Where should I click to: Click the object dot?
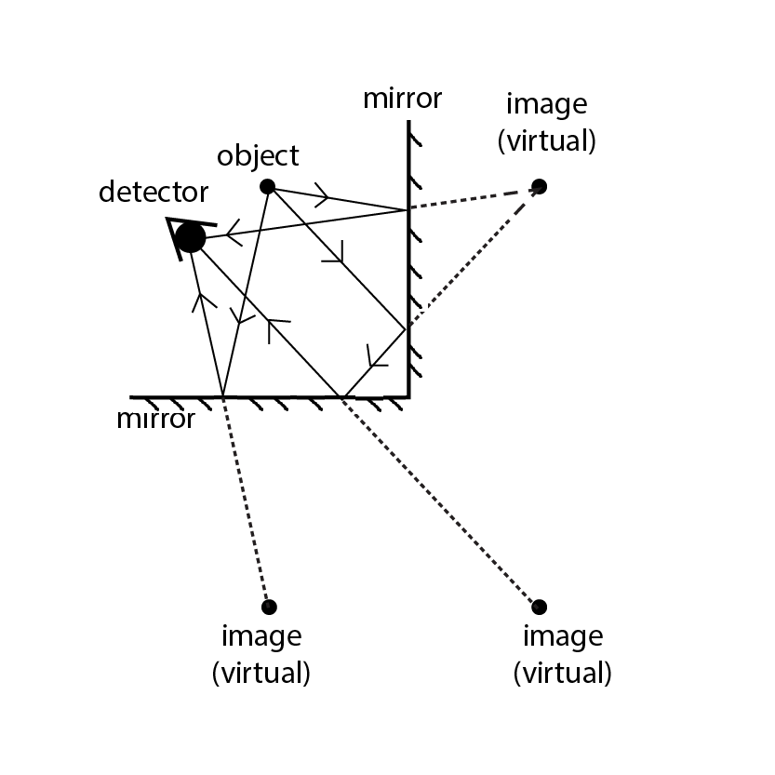tap(267, 186)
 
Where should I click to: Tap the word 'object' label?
tap(258, 155)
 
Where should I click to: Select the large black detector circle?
tap(190, 237)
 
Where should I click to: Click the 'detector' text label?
tap(153, 193)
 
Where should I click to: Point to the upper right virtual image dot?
tap(540, 186)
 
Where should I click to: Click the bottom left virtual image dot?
tap(269, 607)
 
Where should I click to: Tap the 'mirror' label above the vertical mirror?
tap(402, 99)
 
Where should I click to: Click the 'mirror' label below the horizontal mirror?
tap(156, 419)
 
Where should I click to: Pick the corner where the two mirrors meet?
tap(408, 397)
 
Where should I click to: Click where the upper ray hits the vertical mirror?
tap(408, 210)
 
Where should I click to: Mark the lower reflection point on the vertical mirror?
tap(408, 328)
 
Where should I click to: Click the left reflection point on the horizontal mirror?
tap(223, 397)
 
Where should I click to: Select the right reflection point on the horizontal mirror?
tap(343, 397)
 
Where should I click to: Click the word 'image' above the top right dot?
tap(546, 103)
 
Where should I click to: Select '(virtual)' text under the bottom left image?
tap(261, 672)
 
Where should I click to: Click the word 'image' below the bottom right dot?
tap(562, 637)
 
